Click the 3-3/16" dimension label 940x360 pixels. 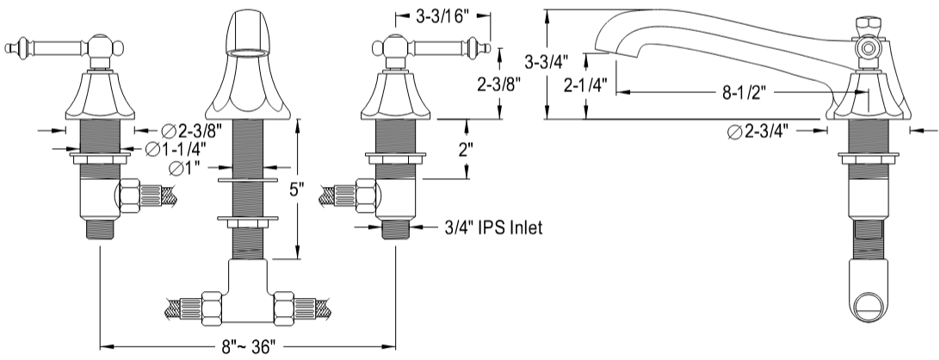pyautogui.click(x=442, y=16)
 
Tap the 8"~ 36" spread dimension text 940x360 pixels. pyautogui.click(x=248, y=347)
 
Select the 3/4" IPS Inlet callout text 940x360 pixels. pyautogui.click(x=493, y=227)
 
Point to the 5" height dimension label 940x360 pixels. pyautogui.click(x=297, y=189)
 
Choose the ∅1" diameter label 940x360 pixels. pyautogui.click(x=184, y=169)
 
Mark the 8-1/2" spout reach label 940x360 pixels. pyautogui.click(x=745, y=93)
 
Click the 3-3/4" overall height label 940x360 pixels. pyautogui.click(x=546, y=61)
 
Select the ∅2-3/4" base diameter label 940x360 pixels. pyautogui.click(x=758, y=132)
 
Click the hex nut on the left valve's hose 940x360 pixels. pyautogui.click(x=129, y=195)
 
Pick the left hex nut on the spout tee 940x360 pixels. pyautogui.click(x=213, y=307)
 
